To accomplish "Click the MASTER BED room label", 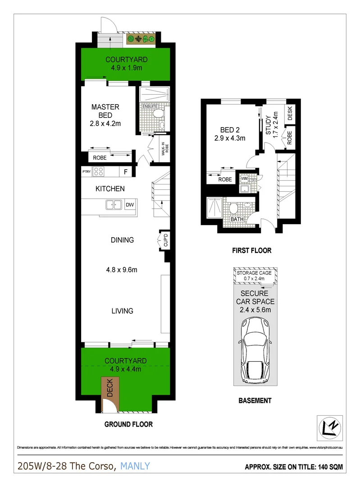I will point(105,111).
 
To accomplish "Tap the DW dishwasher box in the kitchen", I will point(130,205).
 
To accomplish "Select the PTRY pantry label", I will point(86,171).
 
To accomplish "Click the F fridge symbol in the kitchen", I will point(126,171).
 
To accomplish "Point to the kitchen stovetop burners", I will point(100,171).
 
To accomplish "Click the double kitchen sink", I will point(113,205).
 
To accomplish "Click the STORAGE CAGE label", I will point(255,273).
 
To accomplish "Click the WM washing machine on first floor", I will point(245,179).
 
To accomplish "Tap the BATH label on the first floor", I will point(237,220).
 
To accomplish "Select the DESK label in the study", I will point(289,110).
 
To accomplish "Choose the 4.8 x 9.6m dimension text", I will point(122,270).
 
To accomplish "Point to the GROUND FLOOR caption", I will point(128,424).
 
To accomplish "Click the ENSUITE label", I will point(149,106).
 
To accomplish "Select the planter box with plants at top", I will point(141,39).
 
